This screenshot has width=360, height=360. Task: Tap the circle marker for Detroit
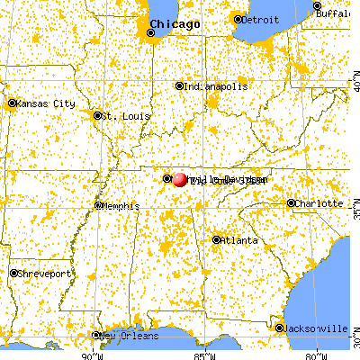pos(237,18)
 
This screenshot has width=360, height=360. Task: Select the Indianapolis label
pos(216,86)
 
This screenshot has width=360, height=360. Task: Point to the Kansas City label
pos(45,104)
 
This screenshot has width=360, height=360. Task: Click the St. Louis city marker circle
pos(97,115)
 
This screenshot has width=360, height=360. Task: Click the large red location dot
pos(180,179)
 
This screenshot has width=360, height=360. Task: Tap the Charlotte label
pos(319,203)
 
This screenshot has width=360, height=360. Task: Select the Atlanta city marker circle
pos(216,239)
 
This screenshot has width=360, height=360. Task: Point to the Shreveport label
pos(45,274)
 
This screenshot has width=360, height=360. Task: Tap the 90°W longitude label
pos(90,354)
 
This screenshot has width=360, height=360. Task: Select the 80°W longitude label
pos(313,354)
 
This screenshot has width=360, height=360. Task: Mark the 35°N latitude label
pos(354,214)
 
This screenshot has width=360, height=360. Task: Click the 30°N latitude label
pos(354,344)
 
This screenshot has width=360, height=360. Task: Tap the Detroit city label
pos(260,18)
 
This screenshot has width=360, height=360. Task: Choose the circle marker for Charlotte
pos(292,203)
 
